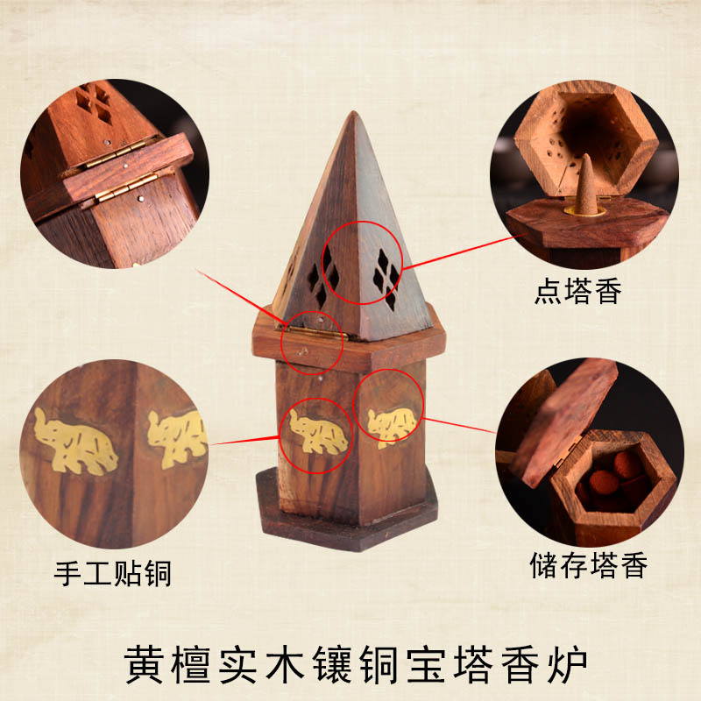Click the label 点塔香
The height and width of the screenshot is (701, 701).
[x=577, y=292]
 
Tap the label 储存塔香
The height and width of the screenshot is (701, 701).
[x=589, y=566]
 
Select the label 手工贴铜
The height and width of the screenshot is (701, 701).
[x=112, y=574]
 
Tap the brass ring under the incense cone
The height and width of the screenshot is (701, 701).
[x=583, y=211]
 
